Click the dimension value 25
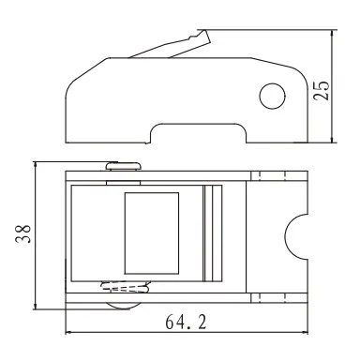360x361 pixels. (322, 91)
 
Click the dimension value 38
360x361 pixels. (23, 233)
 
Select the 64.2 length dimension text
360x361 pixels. (186, 322)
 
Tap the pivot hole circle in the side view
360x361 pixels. (273, 96)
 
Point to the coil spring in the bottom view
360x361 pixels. (126, 287)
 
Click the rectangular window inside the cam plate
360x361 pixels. (152, 233)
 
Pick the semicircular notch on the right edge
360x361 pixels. (296, 237)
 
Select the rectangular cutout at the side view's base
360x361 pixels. (199, 133)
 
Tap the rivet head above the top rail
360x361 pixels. (124, 166)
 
